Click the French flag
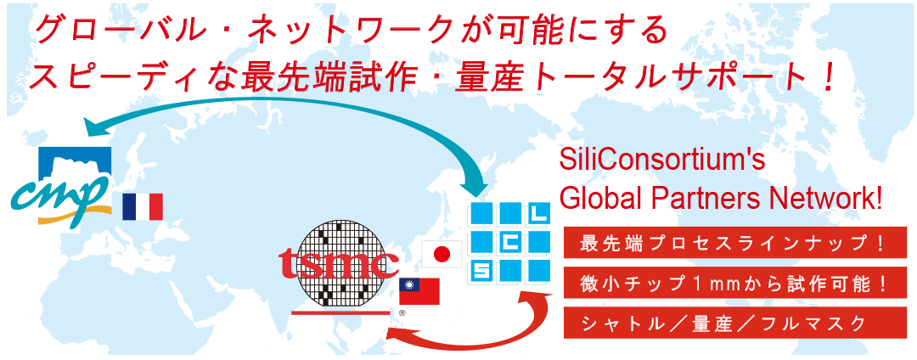click(x=142, y=207)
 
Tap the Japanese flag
click(x=442, y=254)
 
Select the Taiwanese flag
click(x=419, y=291)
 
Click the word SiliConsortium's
click(x=662, y=162)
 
